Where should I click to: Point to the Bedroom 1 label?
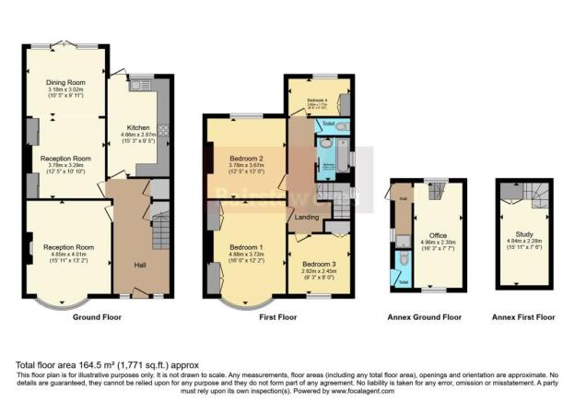click(245, 247)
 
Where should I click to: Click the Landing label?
click(309, 218)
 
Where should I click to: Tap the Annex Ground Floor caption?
click(424, 317)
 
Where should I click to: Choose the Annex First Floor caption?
click(523, 317)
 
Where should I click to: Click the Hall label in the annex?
click(403, 197)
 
